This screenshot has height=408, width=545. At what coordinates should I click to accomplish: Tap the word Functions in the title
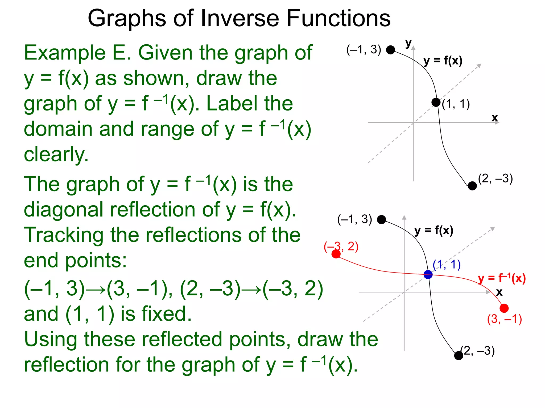pos(338,18)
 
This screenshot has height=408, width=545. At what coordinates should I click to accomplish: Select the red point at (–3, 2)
pos(336,254)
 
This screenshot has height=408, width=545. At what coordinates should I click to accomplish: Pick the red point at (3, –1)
pos(504,308)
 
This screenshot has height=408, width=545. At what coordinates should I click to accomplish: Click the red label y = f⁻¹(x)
pos(502,278)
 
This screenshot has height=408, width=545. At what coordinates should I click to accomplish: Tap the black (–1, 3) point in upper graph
pos(390,50)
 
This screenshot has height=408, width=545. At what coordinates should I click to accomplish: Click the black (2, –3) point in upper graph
pos(472,186)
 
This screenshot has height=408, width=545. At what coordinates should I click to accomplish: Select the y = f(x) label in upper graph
pos(443,61)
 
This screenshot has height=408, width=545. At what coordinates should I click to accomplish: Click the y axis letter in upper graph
pos(408,43)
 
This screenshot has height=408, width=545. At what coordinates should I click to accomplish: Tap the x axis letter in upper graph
pos(495,118)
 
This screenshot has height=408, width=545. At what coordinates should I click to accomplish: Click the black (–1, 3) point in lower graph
pos(382,220)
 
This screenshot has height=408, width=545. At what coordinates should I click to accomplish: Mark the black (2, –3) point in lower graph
pos(459,355)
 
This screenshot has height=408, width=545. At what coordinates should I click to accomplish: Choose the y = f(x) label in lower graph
pos(434,231)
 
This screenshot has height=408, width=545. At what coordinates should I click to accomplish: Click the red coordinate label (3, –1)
pos(504,319)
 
